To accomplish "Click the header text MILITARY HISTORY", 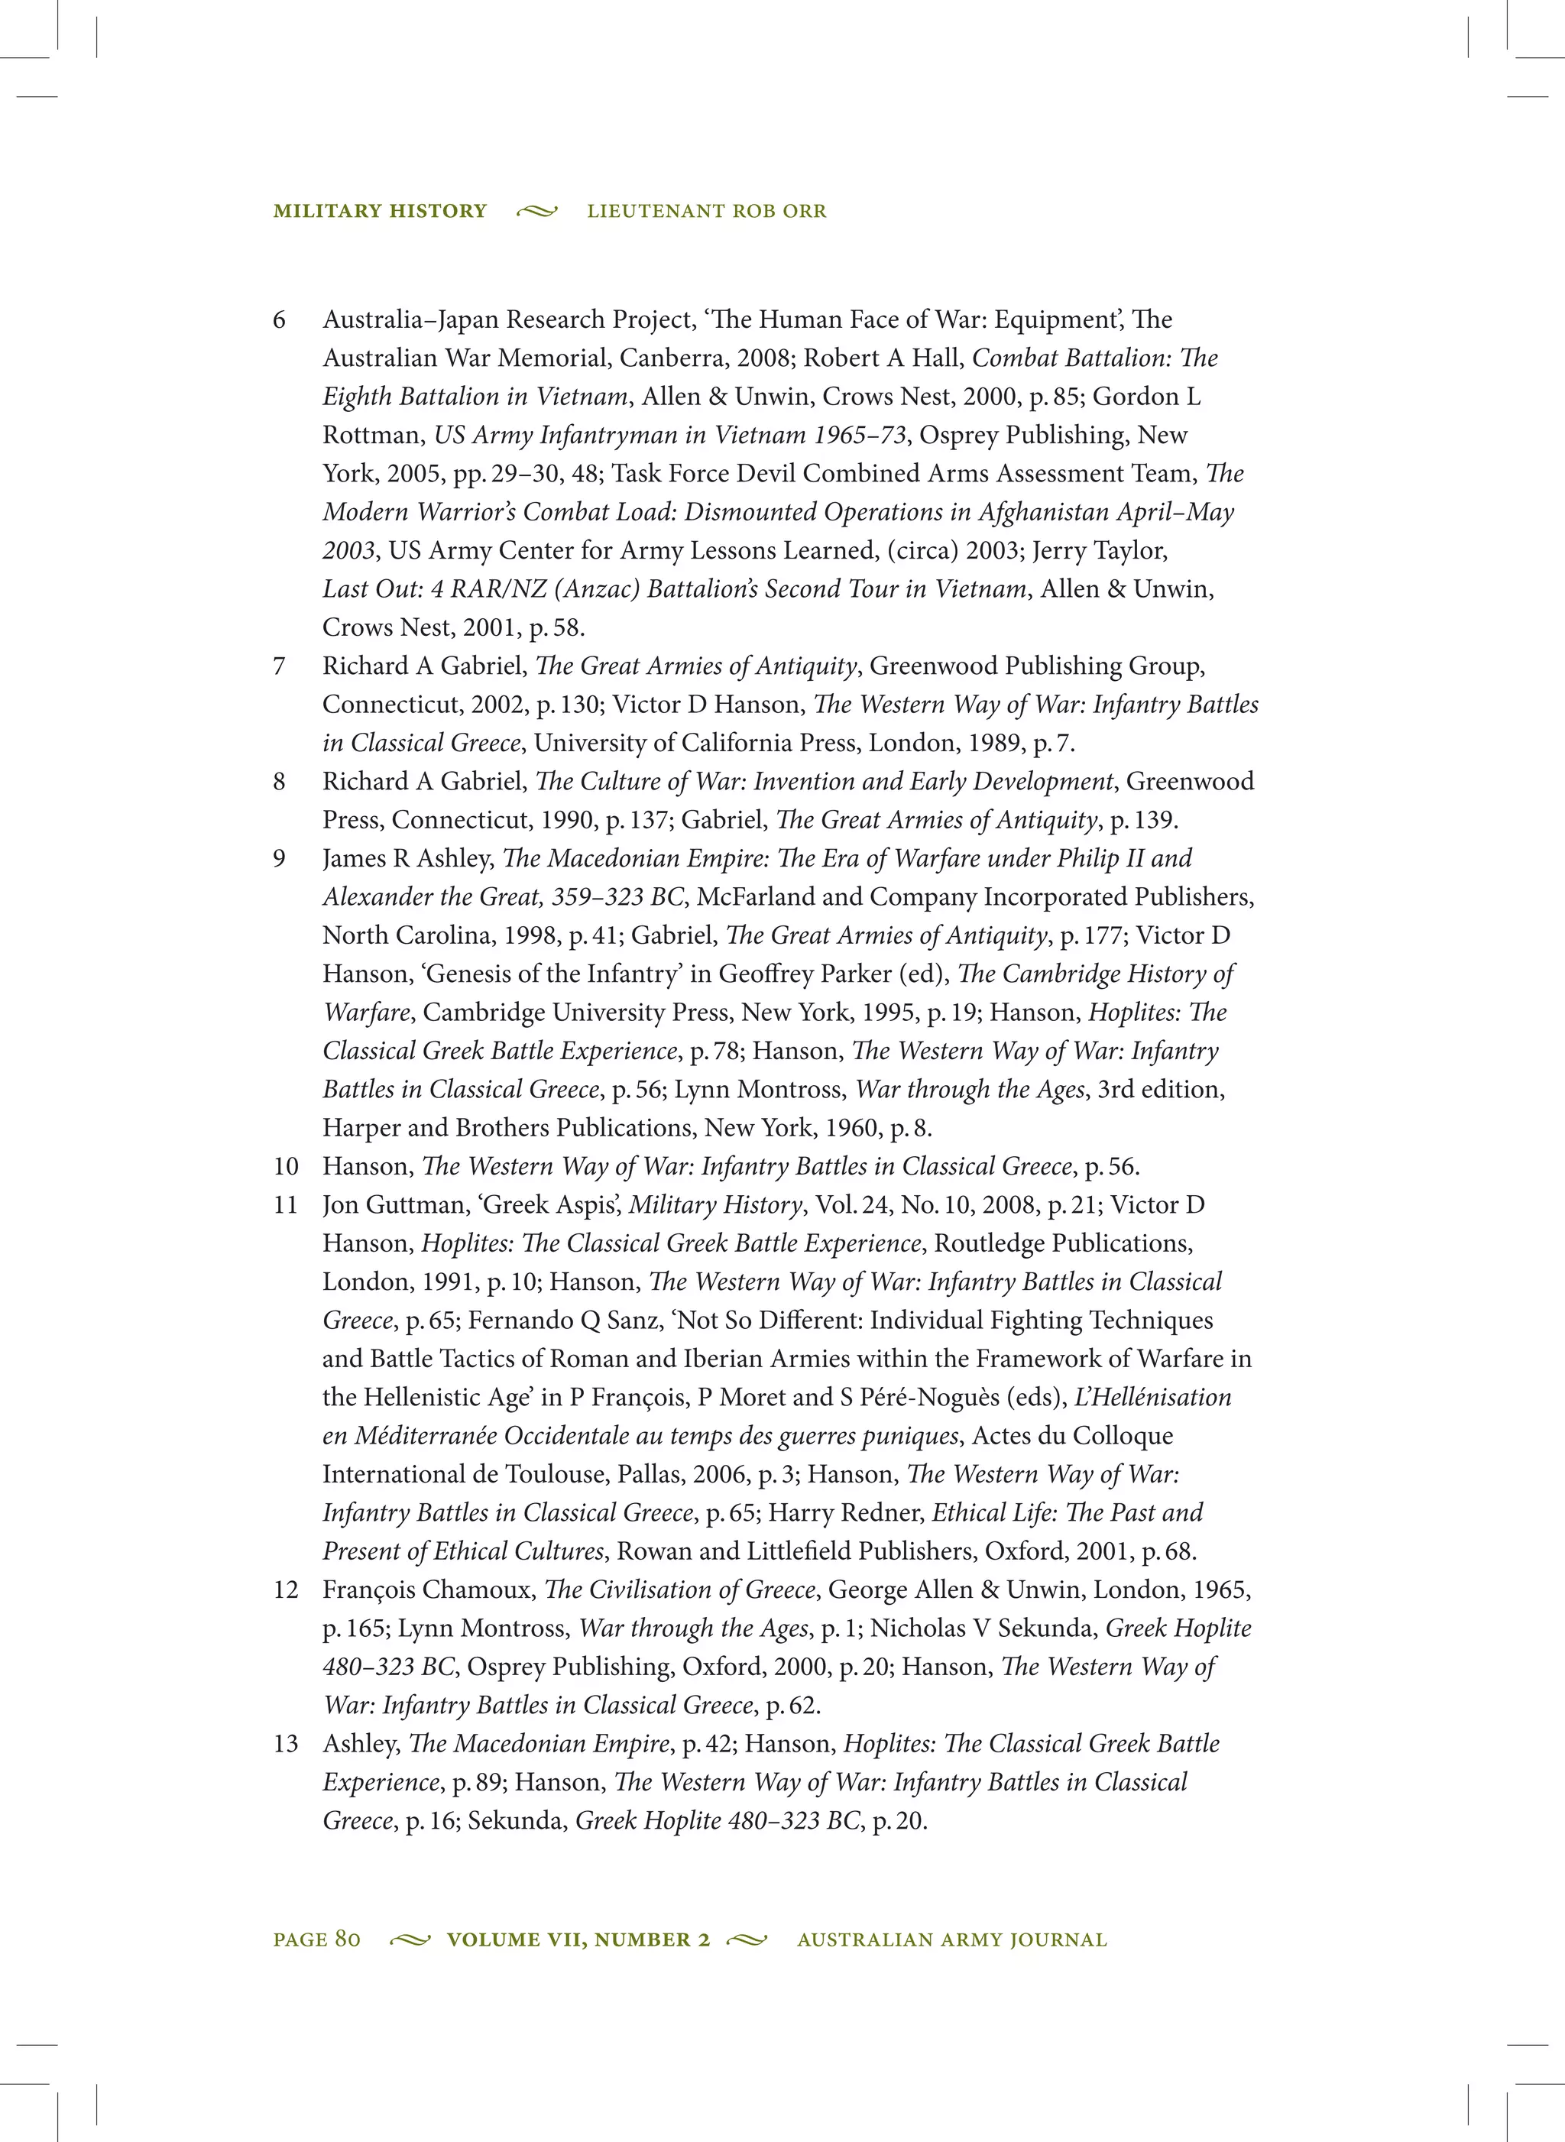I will point(380,211).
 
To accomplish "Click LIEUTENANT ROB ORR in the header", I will point(706,211).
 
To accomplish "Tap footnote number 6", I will point(280,320).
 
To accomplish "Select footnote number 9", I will point(280,859).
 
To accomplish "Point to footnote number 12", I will point(286,1590).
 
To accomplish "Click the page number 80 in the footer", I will point(348,1939).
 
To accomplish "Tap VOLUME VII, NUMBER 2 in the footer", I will point(578,1939).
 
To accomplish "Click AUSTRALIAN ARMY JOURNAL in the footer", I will point(951,1939).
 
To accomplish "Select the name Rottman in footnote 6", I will point(371,436).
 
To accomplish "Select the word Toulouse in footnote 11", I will point(560,1475).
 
